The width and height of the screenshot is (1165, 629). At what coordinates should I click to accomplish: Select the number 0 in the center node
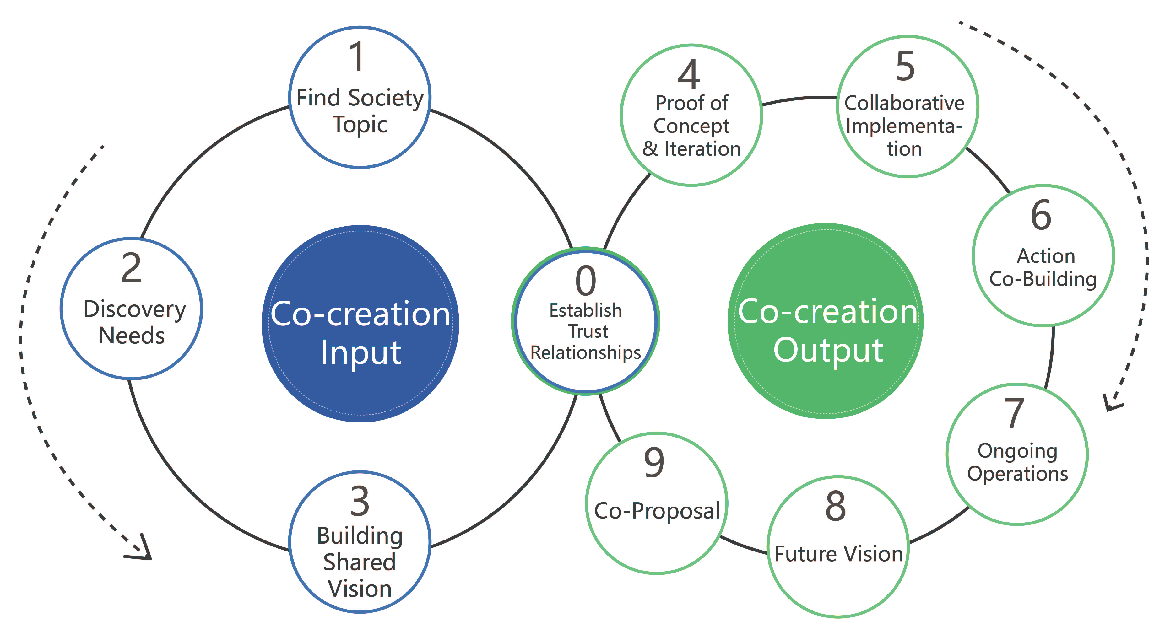(586, 281)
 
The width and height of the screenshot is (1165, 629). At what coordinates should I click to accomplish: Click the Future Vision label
(838, 554)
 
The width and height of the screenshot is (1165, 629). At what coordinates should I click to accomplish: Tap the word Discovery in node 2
(135, 310)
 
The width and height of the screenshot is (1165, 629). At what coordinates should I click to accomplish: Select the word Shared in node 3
(360, 562)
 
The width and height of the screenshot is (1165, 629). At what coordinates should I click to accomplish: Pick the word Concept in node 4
(691, 126)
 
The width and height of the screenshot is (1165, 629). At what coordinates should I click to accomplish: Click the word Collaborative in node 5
(904, 103)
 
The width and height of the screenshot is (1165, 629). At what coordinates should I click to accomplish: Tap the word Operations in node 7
(1017, 474)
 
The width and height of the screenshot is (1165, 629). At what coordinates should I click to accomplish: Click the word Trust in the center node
(588, 331)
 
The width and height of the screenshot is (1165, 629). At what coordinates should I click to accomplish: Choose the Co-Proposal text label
(657, 511)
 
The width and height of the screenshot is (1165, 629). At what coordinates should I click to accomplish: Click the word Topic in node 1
(360, 124)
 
